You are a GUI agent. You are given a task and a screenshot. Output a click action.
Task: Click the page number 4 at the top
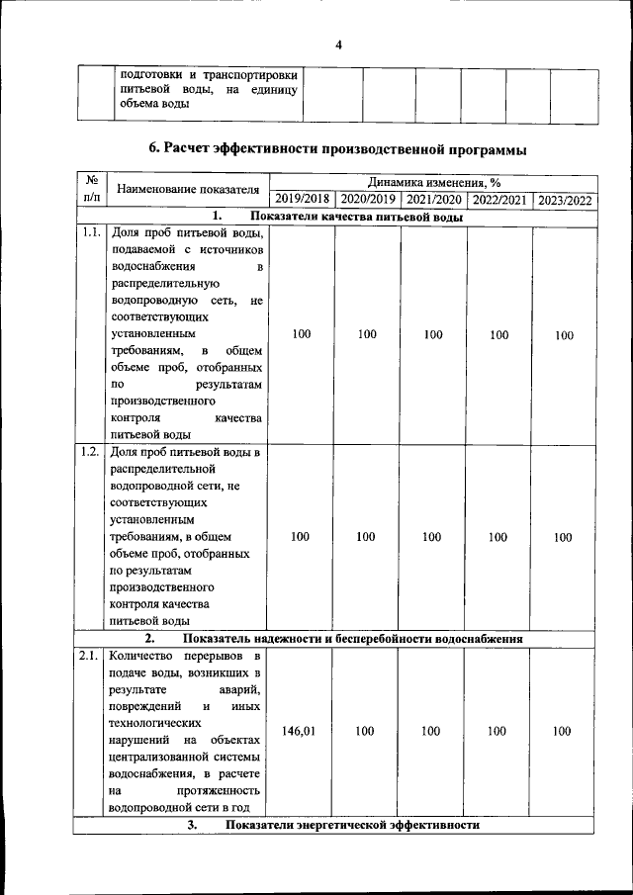(x=338, y=45)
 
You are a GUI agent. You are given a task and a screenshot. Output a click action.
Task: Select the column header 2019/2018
(x=302, y=200)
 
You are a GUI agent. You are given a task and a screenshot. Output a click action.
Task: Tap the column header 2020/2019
(x=367, y=200)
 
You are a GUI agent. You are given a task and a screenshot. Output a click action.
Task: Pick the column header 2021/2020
(x=432, y=200)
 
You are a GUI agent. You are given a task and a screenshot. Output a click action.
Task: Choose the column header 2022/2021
(x=498, y=200)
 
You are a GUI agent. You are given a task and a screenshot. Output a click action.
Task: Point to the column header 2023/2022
(x=565, y=200)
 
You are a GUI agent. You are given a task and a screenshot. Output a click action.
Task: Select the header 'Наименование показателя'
(x=187, y=189)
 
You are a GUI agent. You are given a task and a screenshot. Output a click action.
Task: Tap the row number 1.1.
(x=89, y=233)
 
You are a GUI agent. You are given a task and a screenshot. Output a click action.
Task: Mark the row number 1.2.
(x=89, y=453)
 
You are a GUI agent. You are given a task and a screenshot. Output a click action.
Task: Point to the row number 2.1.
(x=89, y=656)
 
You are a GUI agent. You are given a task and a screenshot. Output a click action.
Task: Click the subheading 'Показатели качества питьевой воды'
(x=357, y=217)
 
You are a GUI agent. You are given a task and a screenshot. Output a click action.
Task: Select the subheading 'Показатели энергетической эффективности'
(x=352, y=825)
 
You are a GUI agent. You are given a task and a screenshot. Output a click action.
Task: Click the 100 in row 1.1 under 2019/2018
(x=302, y=335)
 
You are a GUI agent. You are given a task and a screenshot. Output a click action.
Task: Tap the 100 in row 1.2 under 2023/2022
(x=563, y=538)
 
